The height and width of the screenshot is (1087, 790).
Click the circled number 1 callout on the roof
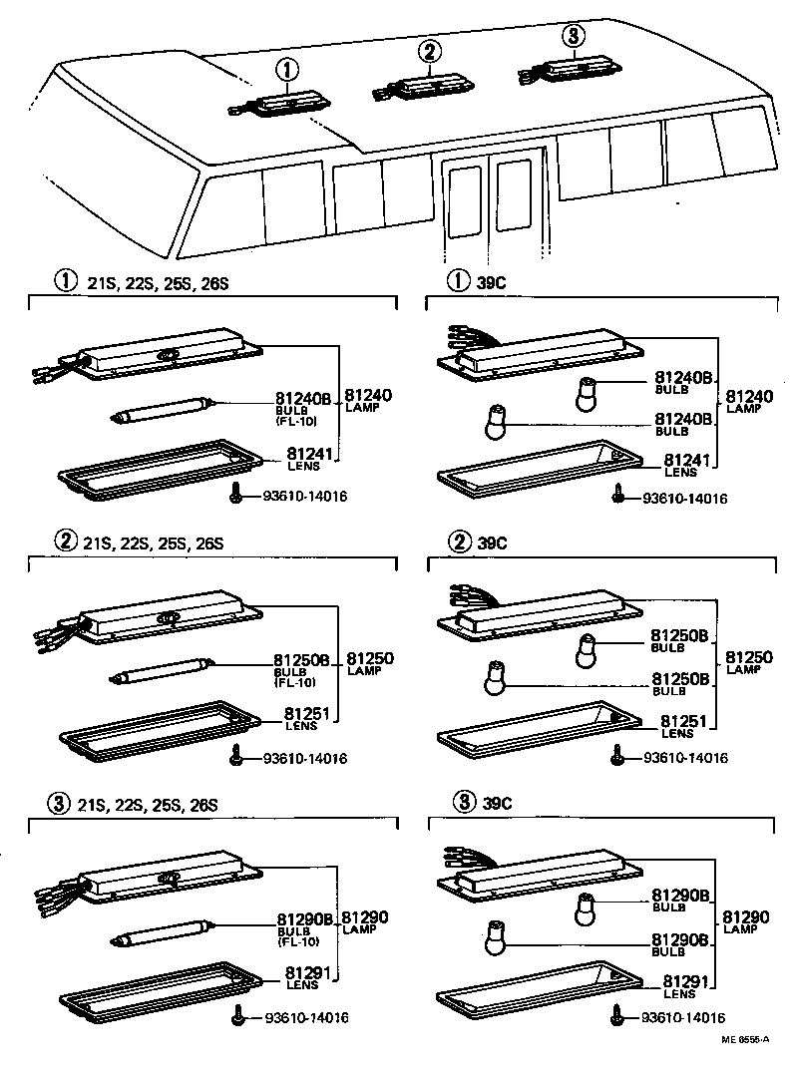(x=286, y=70)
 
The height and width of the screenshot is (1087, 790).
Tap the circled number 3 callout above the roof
(x=571, y=37)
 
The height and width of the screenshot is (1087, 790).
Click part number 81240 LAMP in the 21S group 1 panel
(x=368, y=399)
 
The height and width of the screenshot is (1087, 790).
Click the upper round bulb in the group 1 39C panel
(x=589, y=394)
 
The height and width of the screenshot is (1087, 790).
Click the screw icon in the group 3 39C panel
(x=617, y=1016)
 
